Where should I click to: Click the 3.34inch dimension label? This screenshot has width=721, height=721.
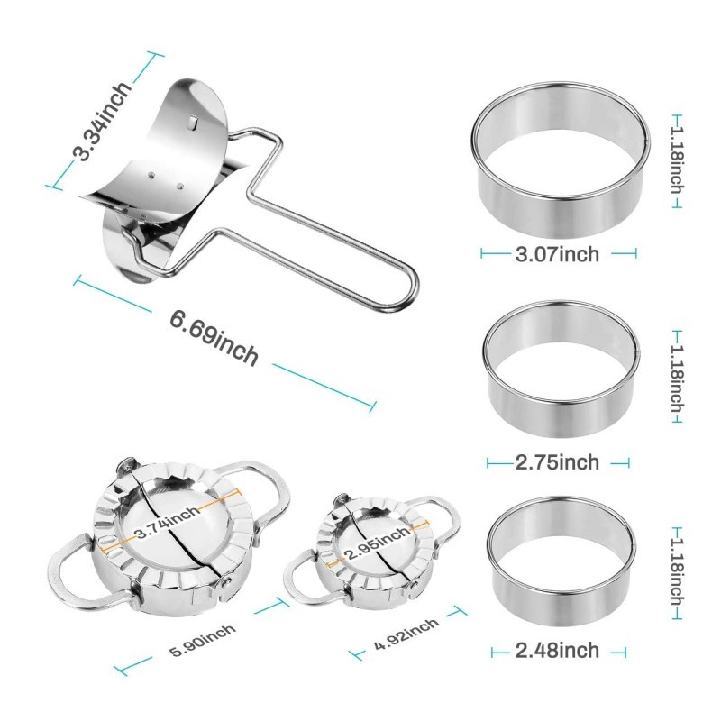pos(103,121)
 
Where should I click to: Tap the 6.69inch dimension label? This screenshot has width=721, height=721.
pos(214,338)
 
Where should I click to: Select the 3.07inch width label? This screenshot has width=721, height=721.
pos(557,254)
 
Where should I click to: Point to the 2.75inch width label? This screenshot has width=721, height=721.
pos(557,461)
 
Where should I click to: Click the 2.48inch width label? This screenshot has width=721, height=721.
pos(557,650)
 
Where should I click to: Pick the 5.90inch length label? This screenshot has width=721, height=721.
pos(202,640)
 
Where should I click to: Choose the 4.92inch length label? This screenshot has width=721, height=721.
pos(406,634)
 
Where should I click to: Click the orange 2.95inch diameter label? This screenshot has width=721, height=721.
pos(378,543)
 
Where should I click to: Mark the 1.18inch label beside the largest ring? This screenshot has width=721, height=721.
pos(677,160)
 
